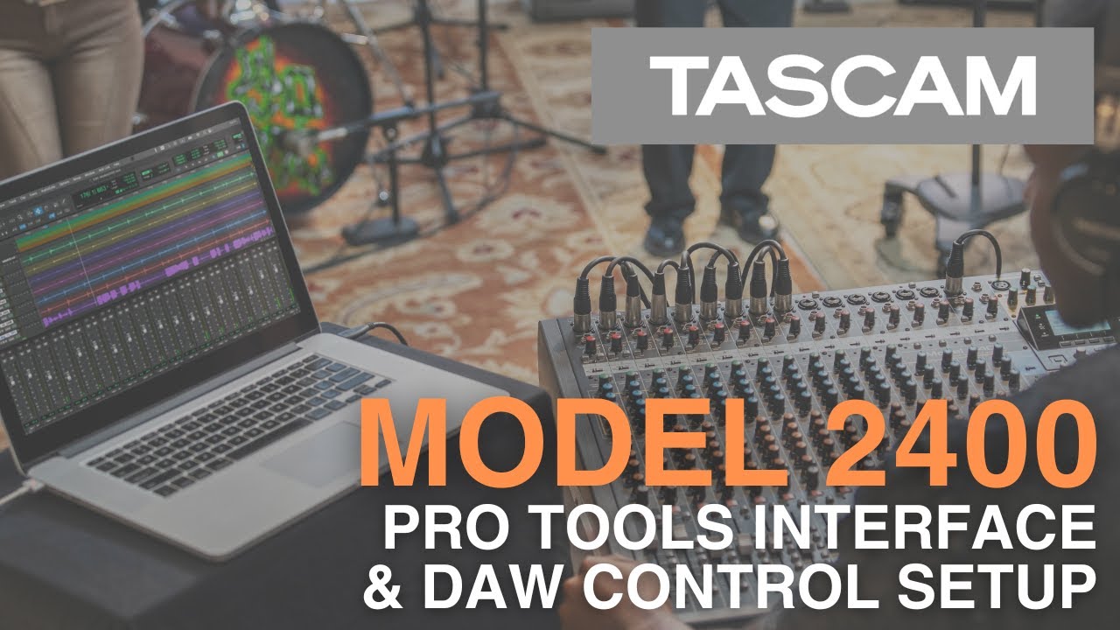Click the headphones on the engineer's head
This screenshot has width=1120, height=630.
1085,210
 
